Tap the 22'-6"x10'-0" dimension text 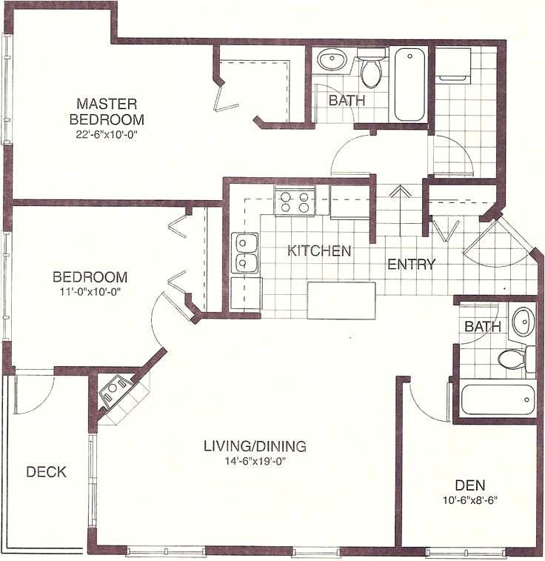click(107, 135)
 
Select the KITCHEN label click(319, 250)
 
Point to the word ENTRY click(411, 264)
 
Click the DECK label click(46, 471)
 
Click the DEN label click(469, 485)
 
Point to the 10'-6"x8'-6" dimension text click(469, 499)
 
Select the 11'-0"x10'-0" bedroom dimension click(90, 292)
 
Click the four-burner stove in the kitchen click(295, 202)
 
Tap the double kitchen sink click(245, 253)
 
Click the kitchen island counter click(341, 299)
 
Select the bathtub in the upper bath click(409, 84)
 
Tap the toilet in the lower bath click(513, 359)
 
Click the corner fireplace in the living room click(116, 391)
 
